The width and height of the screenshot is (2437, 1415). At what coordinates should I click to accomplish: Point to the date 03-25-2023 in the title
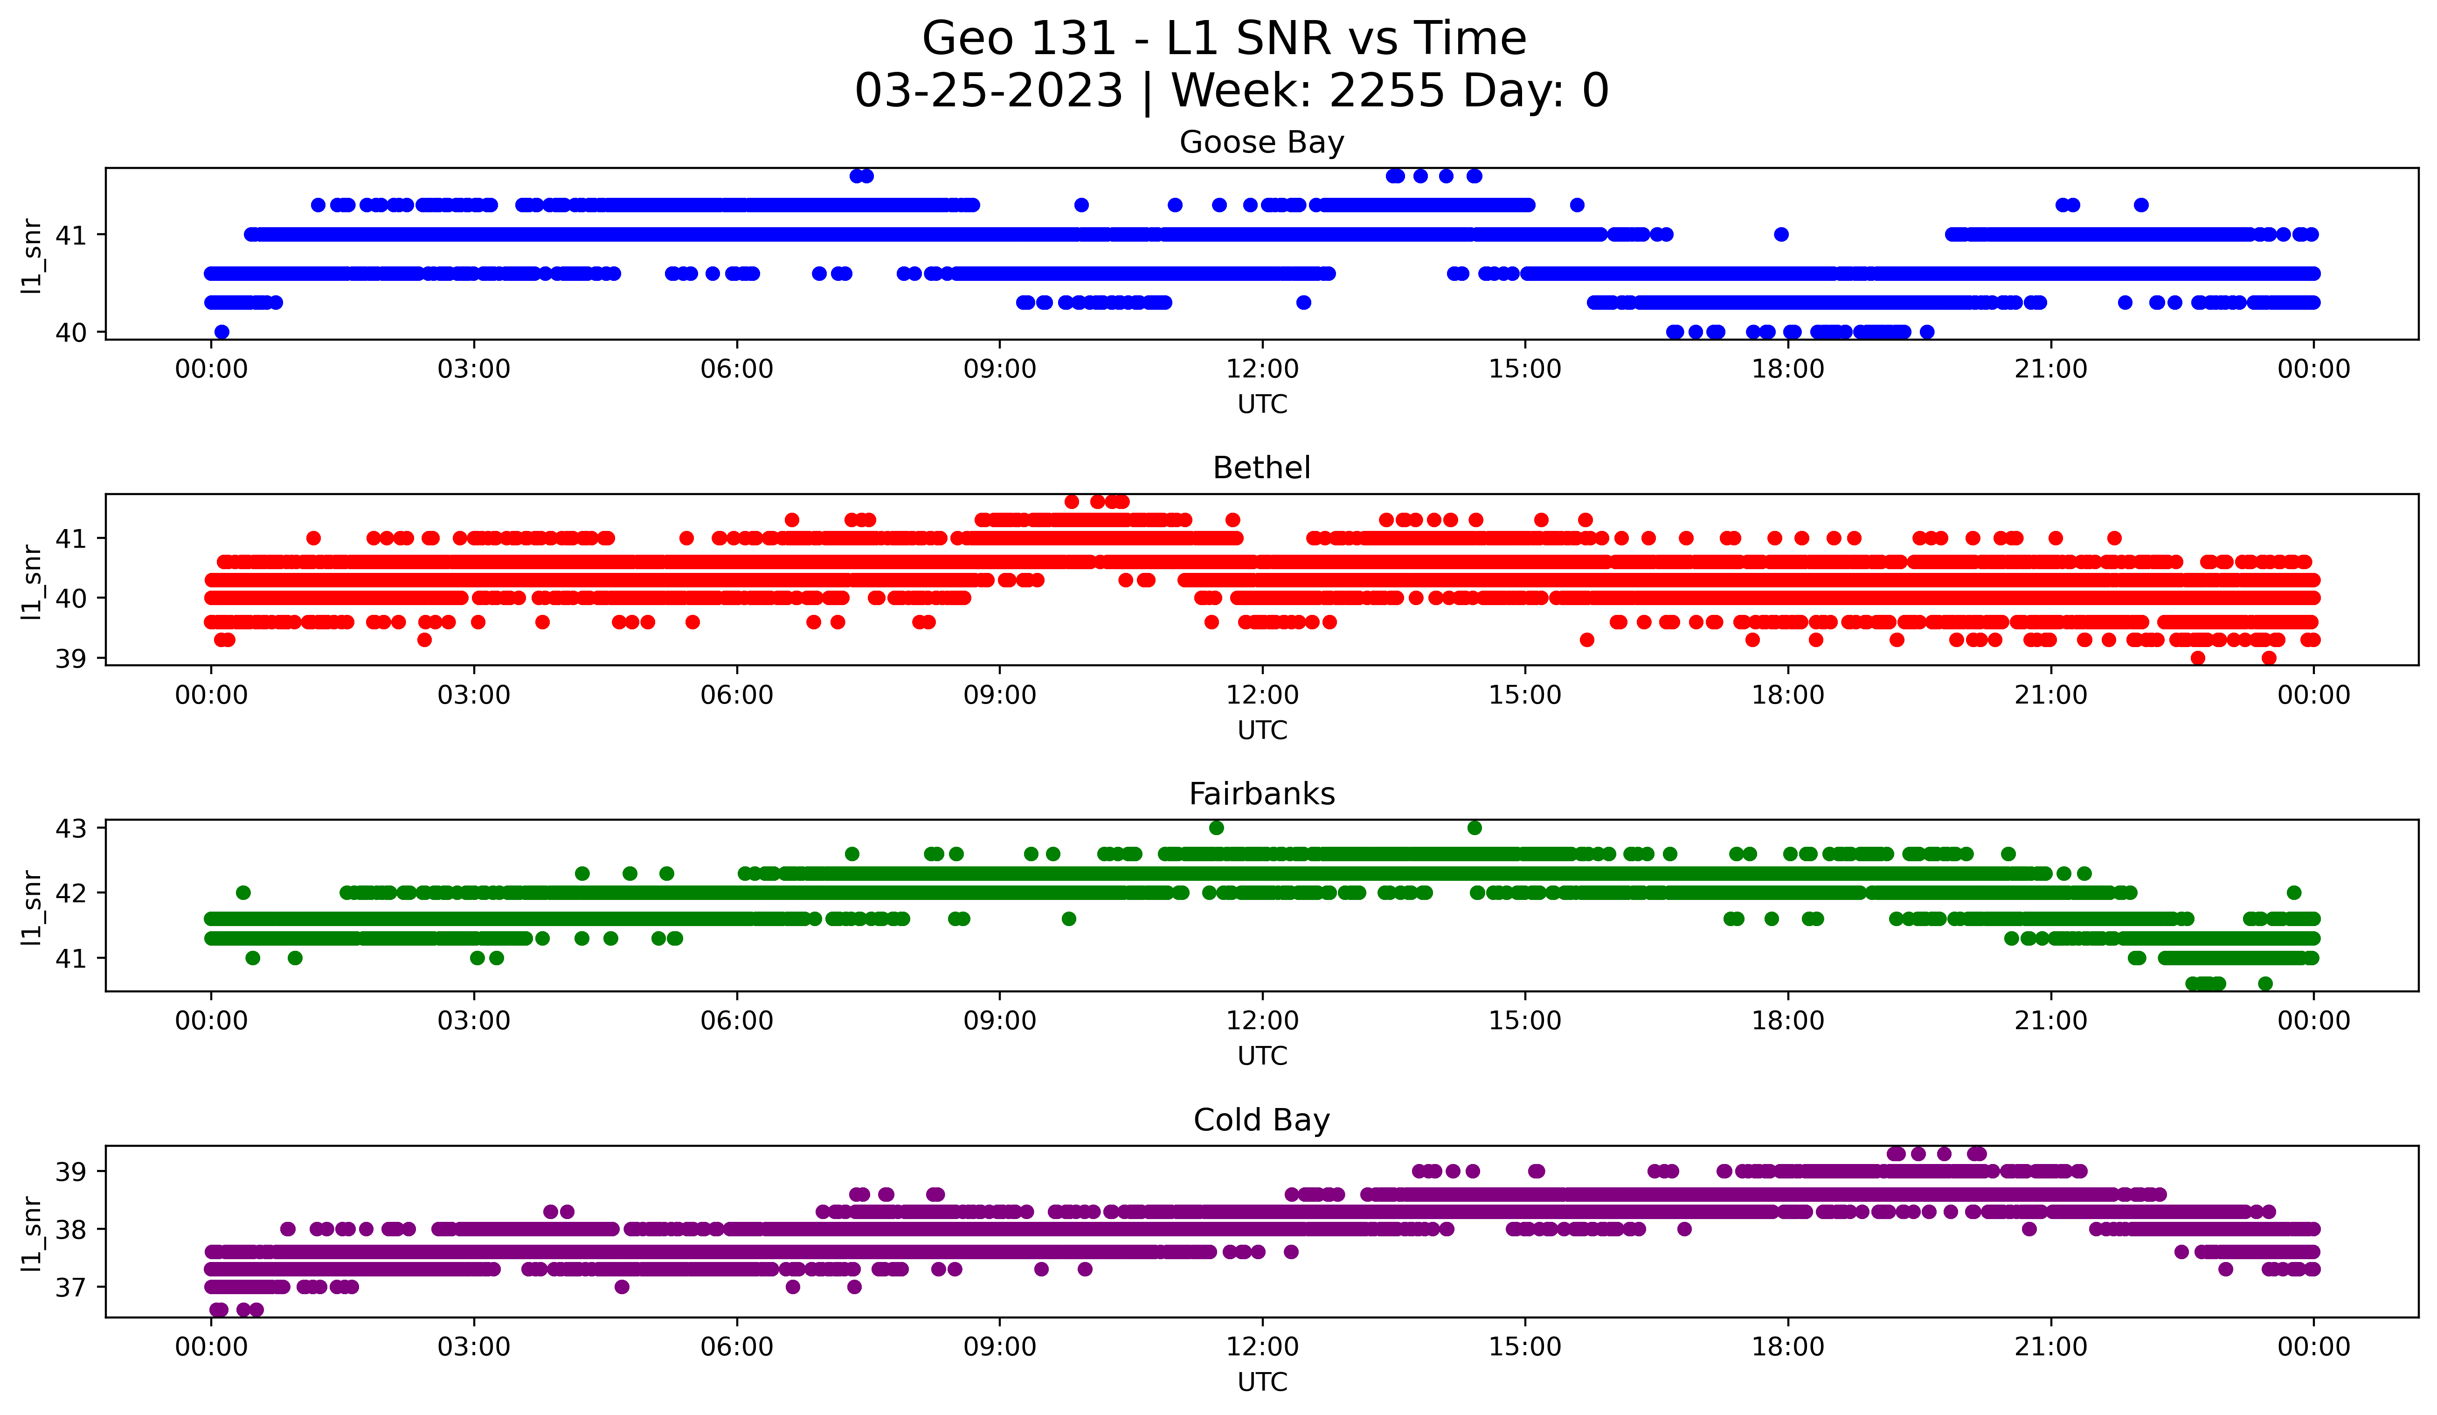tap(988, 91)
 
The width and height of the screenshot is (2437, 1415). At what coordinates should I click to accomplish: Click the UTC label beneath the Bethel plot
tap(1262, 730)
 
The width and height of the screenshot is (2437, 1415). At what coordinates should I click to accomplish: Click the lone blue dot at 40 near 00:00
tap(222, 332)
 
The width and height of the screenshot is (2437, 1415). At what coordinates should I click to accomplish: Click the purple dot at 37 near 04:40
tap(622, 1286)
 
